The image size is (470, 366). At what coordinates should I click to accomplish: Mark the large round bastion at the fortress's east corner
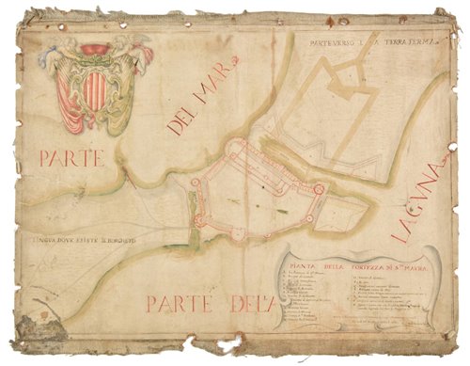point(320,189)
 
